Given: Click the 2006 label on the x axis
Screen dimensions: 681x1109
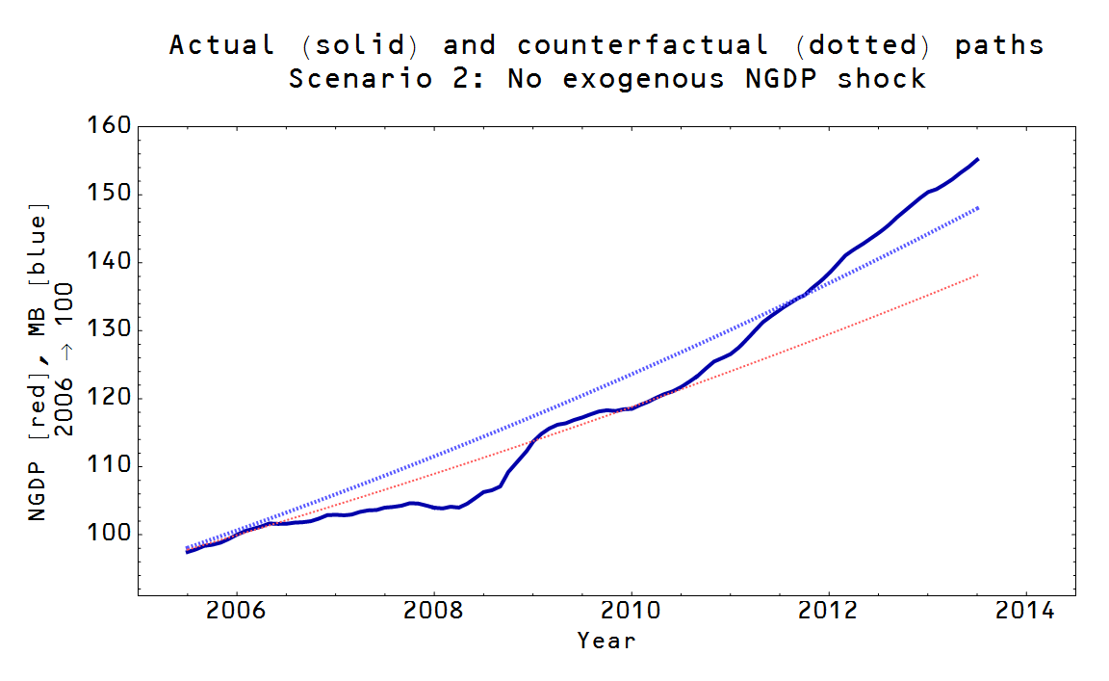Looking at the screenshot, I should (237, 613).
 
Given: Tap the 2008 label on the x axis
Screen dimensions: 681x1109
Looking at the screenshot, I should (434, 613).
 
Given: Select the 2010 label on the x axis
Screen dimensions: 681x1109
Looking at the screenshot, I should (631, 613).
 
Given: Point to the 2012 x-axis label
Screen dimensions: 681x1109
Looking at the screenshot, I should (828, 613).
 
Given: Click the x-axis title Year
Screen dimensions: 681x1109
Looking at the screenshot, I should (606, 641).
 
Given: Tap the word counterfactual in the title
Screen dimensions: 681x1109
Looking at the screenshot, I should (642, 45).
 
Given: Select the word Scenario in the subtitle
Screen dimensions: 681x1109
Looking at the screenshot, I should (362, 79).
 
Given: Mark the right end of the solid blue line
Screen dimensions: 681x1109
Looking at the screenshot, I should (978, 159).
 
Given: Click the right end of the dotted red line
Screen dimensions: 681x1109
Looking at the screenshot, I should (978, 275).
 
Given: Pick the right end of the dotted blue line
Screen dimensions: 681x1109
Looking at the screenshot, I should (978, 207).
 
